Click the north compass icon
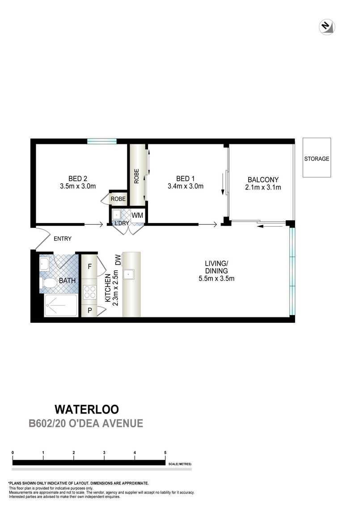point(326,27)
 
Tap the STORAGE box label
point(316,159)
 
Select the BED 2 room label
point(78,179)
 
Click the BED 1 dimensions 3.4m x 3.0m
point(186,186)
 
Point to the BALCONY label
point(263,180)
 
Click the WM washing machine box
point(137,215)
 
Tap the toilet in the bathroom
point(48,283)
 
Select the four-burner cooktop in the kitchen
point(90,292)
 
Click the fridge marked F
point(89,266)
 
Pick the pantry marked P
point(89,310)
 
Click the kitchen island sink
point(128,274)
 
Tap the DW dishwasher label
point(118,260)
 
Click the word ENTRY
point(62,239)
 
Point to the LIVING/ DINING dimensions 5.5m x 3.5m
point(216,278)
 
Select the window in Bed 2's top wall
point(102,141)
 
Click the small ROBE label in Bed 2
point(118,199)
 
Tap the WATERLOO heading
point(87,409)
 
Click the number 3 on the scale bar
point(104,453)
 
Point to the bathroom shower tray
point(61,305)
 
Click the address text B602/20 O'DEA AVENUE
point(86,423)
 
